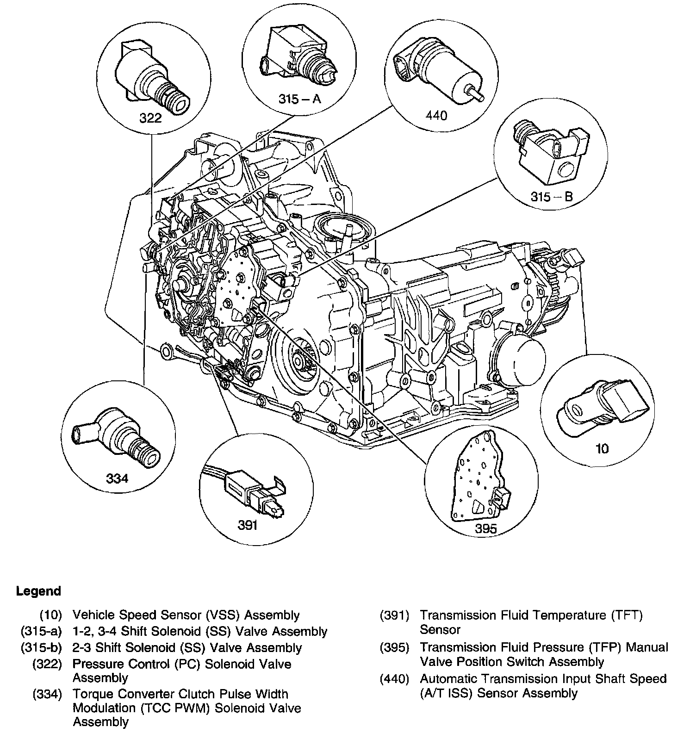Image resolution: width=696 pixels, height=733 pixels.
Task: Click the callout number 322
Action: pos(150,118)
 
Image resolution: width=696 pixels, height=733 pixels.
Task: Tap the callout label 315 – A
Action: pos(299,99)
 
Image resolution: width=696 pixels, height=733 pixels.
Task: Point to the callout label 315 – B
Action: pos(552,197)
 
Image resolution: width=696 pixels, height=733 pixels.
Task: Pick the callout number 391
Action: pos(248,525)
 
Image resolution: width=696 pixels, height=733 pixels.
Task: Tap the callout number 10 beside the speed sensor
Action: pos(602,448)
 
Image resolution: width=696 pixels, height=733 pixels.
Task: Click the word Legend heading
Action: pos(38,591)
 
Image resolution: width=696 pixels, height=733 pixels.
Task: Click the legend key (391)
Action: pos(394,615)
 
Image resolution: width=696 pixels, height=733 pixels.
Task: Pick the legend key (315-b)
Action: pos(41,648)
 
